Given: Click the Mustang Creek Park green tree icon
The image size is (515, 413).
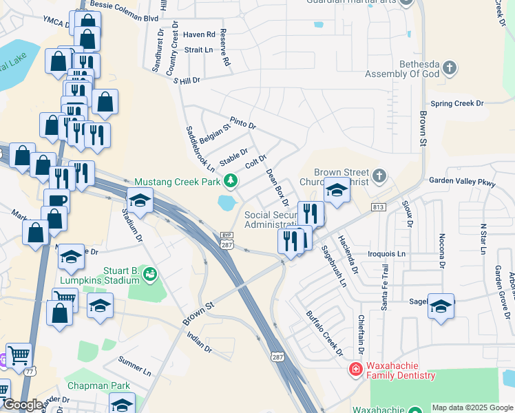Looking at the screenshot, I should click(231, 182).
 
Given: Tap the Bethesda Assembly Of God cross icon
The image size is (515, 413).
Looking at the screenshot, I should click(449, 68).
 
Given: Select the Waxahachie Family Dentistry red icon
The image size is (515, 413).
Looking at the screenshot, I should click(356, 370).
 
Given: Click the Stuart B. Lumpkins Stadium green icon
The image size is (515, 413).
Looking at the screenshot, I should click(149, 275).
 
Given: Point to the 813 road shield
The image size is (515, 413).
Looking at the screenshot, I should click(377, 206).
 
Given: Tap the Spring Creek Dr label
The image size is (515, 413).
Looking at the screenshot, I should click(457, 103).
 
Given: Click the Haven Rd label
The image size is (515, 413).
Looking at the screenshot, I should click(200, 34).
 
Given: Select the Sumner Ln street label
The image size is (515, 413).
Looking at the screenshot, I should click(134, 366).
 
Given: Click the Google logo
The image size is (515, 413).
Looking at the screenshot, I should click(23, 405).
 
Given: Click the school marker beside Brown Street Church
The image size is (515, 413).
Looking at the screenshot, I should click(336, 189).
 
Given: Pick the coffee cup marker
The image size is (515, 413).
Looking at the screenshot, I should click(56, 201).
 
